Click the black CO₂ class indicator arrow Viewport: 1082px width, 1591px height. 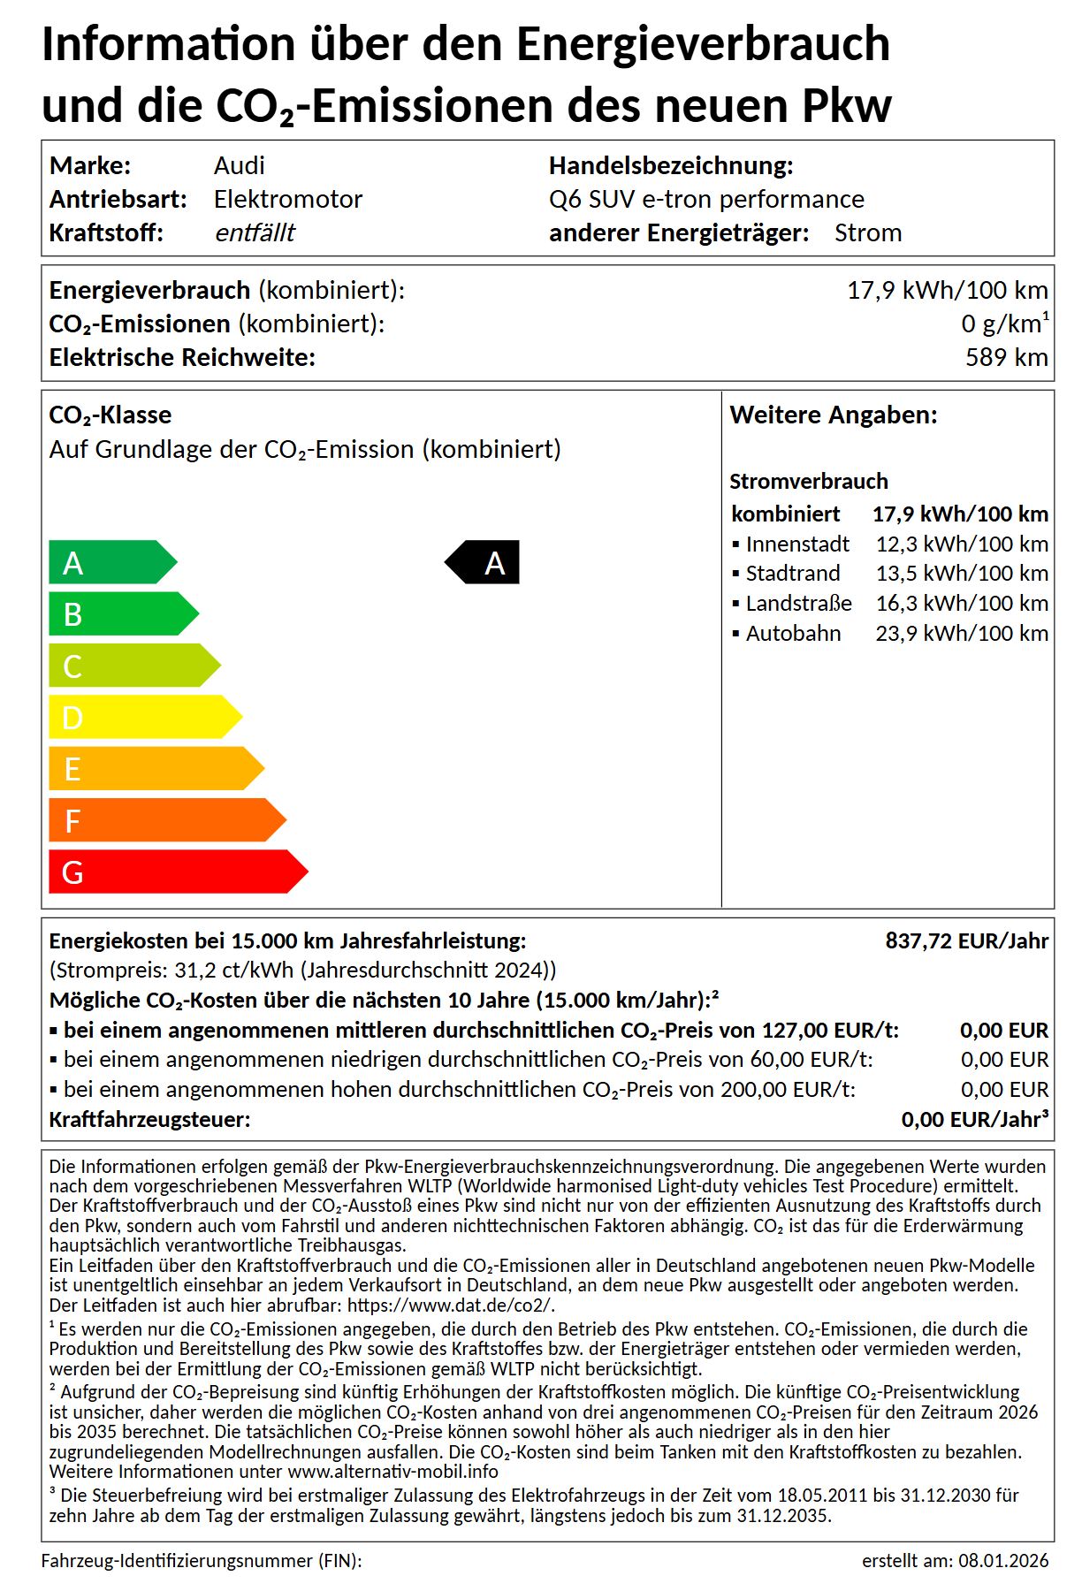tap(484, 562)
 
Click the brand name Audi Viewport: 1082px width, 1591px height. tap(239, 165)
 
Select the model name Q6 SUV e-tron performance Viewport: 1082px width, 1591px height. tap(706, 199)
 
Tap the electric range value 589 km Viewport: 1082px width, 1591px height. tap(1006, 357)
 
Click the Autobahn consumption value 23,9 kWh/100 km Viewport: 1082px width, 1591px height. tap(962, 633)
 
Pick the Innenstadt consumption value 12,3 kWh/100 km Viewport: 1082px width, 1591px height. tap(962, 544)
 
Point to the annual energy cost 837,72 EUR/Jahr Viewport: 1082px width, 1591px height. tap(966, 940)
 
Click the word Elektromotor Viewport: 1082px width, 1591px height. tap(288, 199)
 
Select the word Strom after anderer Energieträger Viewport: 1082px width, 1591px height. tap(868, 232)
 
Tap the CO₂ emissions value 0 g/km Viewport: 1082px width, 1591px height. tap(1002, 324)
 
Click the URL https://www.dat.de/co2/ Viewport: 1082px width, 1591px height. tap(451, 1305)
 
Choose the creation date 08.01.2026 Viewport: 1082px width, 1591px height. tap(1003, 1561)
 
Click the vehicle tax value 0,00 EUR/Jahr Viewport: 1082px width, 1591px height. tap(972, 1119)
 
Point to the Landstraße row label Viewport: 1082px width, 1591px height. tap(798, 603)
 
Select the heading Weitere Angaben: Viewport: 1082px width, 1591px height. tap(833, 415)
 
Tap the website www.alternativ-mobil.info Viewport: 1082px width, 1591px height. tap(393, 1472)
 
